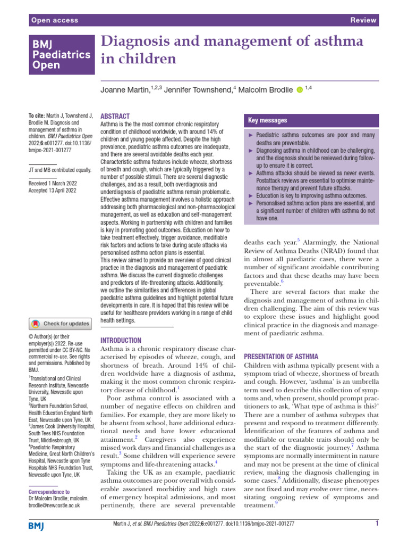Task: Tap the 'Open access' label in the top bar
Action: (x=55, y=20)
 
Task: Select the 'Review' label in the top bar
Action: (x=364, y=20)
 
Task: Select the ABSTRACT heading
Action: (x=115, y=116)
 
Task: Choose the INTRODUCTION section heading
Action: (x=121, y=340)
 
